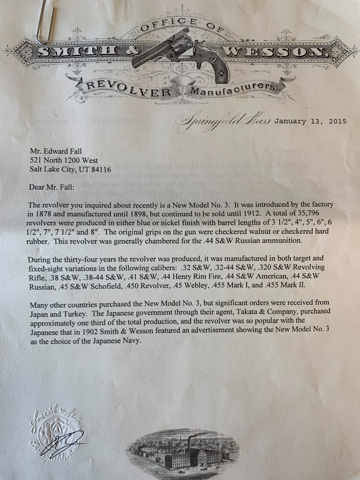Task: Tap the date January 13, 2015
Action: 310,122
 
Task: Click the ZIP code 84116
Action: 99,169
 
